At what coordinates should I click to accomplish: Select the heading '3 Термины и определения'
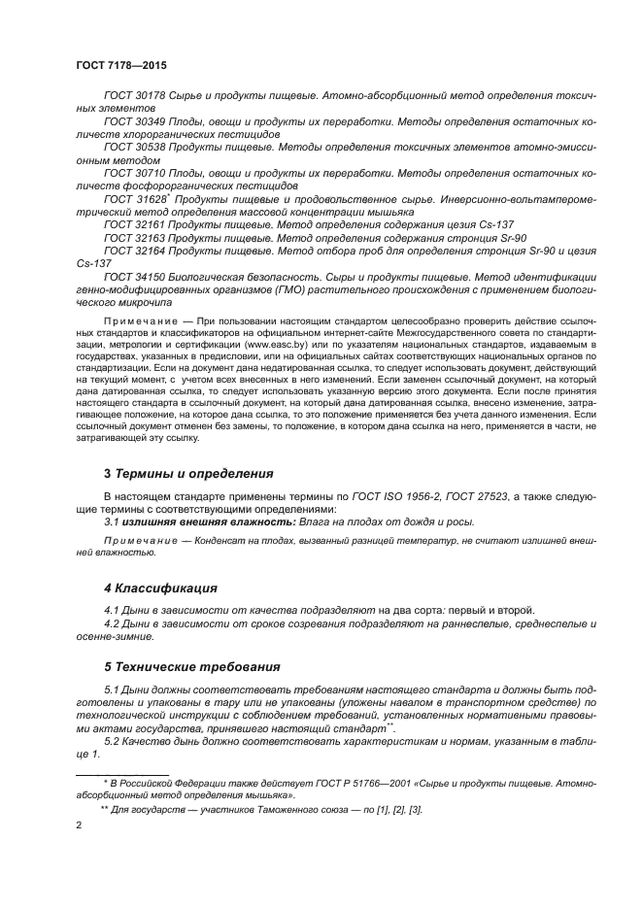188,474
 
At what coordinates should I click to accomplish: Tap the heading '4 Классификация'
160,589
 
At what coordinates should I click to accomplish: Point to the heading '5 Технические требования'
191,667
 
